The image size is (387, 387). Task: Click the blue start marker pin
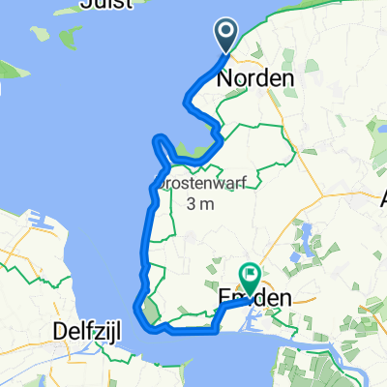[x=226, y=37]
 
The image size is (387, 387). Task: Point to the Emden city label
[x=254, y=300]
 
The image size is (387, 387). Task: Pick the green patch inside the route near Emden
[x=150, y=311]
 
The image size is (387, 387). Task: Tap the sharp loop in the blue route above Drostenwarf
[x=162, y=147]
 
